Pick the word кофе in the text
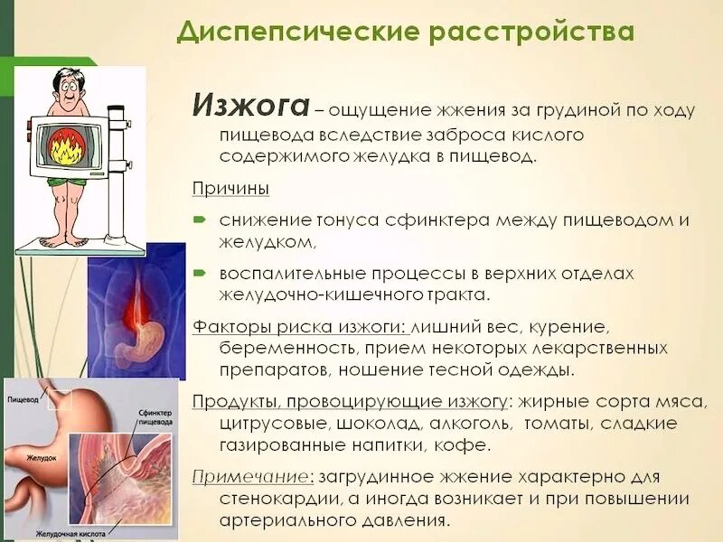tap(467, 444)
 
